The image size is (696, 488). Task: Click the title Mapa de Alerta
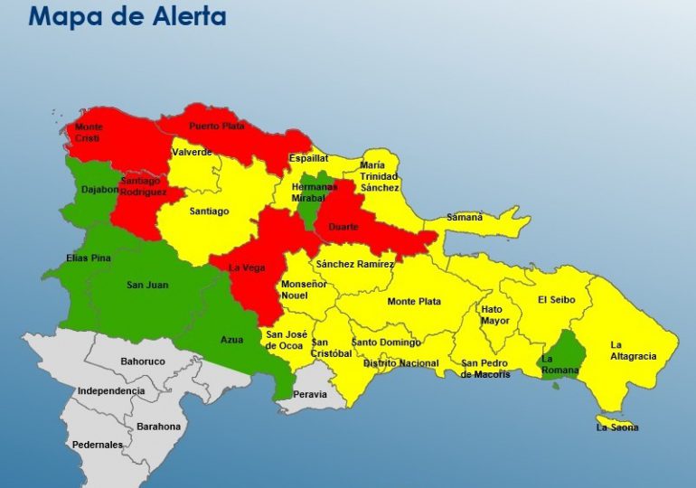(x=127, y=17)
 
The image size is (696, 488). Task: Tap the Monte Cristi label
(x=88, y=132)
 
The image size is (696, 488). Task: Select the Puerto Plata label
(x=216, y=127)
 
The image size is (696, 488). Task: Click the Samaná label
(x=465, y=217)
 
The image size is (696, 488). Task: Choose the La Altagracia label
(x=633, y=350)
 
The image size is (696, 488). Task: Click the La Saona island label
(x=616, y=427)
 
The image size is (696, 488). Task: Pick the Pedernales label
(x=98, y=445)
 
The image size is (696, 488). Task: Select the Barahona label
(x=158, y=427)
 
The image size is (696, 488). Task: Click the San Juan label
(x=147, y=286)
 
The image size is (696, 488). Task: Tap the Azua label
(x=231, y=340)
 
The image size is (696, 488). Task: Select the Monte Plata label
(x=414, y=301)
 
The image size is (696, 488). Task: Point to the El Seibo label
(x=554, y=300)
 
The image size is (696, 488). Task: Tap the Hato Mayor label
(x=494, y=314)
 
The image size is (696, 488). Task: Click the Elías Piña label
(x=89, y=258)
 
